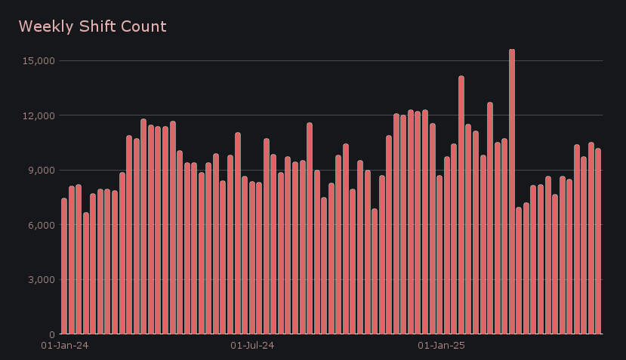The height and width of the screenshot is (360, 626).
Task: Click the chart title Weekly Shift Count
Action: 92,26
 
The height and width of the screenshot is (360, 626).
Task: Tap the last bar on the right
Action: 598,242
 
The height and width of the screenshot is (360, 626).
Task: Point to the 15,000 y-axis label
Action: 41,61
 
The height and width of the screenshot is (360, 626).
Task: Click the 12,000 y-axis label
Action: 41,115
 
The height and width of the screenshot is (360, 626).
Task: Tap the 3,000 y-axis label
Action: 43,280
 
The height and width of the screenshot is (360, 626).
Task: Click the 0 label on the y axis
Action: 53,334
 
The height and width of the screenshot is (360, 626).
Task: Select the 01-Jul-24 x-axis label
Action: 252,346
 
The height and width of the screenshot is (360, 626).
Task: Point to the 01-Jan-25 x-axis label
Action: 441,346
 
